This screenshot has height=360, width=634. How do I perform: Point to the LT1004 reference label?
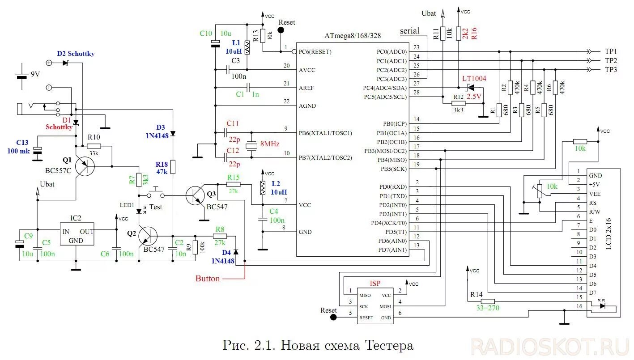click(474, 79)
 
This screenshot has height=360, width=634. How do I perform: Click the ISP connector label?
click(375, 284)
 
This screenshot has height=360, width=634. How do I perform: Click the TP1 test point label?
click(611, 51)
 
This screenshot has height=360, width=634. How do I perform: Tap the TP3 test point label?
click(611, 70)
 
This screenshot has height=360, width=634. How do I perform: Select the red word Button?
click(208, 279)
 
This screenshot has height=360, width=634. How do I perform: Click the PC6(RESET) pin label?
click(315, 51)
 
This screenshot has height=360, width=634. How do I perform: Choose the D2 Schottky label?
click(76, 54)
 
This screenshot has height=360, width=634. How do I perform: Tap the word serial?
click(409, 31)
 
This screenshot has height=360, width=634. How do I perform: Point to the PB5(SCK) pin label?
click(392, 169)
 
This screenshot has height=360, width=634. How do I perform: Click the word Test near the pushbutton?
click(155, 207)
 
